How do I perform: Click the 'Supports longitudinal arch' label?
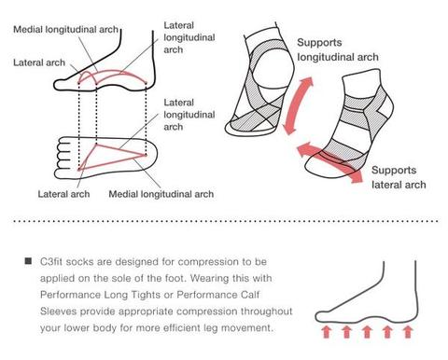(x=338, y=49)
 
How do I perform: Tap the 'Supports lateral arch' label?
(x=399, y=177)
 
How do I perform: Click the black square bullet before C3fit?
(x=28, y=261)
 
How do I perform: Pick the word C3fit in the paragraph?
(x=51, y=261)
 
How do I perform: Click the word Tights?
(x=146, y=295)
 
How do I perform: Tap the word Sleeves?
(x=58, y=311)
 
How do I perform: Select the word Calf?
(x=250, y=295)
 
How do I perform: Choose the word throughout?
(x=267, y=312)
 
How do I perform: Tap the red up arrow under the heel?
(x=407, y=332)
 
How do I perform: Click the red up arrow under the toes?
(x=326, y=332)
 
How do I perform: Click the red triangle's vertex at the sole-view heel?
(x=146, y=155)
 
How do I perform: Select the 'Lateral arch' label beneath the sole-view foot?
(x=63, y=194)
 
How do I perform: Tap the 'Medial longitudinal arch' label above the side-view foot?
(x=66, y=30)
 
